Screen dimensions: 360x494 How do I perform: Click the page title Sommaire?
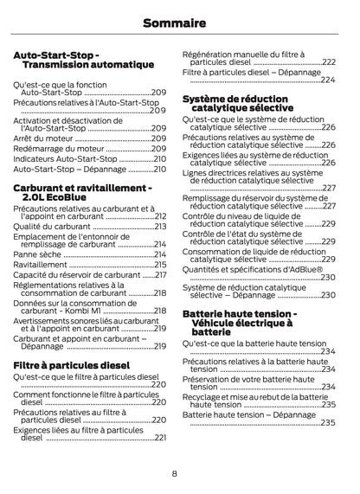click(180, 22)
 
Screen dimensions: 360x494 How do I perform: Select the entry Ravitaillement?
click(41, 265)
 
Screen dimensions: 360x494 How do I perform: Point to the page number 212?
click(160, 215)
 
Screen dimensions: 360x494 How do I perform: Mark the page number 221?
click(160, 438)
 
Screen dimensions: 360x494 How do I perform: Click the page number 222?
click(329, 62)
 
